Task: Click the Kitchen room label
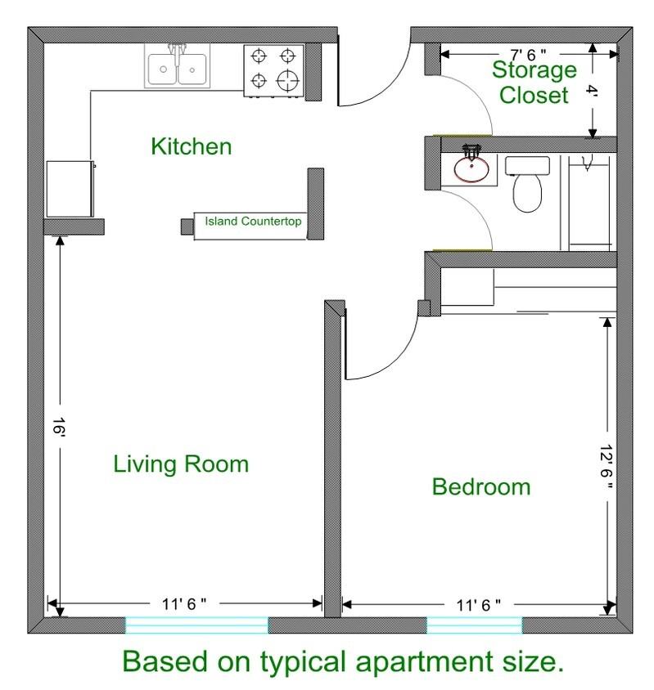click(x=192, y=147)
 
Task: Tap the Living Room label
click(x=180, y=464)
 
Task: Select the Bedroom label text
click(x=481, y=487)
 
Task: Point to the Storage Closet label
click(x=533, y=83)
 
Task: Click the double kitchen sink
click(x=177, y=65)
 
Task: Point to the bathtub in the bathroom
click(x=587, y=201)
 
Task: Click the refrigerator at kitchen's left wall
click(x=70, y=188)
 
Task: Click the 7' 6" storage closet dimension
click(x=530, y=53)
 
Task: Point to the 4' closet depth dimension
click(x=593, y=92)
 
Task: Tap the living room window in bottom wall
click(x=196, y=625)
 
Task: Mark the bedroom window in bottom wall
click(x=474, y=625)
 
